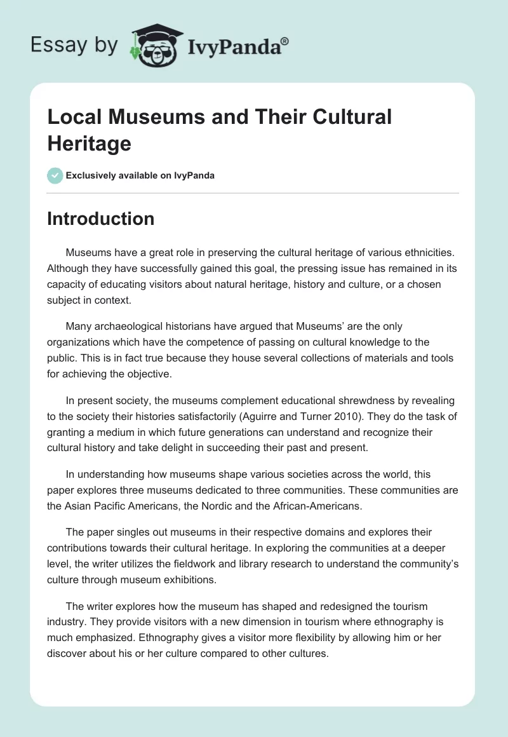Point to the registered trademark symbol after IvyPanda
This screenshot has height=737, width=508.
(x=285, y=40)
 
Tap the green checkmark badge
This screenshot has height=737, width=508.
(x=55, y=175)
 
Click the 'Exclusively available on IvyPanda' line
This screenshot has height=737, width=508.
(x=140, y=175)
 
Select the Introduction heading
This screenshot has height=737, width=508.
(x=100, y=219)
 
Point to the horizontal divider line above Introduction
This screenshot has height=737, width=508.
(x=253, y=193)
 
